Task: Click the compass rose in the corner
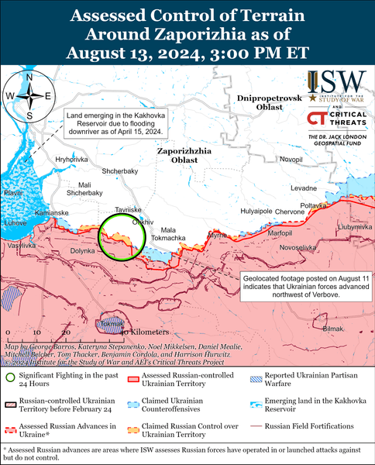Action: point(29,96)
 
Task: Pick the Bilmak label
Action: point(332,329)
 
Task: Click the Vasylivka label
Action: point(21,245)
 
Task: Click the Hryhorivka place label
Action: point(71,159)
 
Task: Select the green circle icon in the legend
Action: point(10,377)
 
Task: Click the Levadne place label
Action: point(304,188)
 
